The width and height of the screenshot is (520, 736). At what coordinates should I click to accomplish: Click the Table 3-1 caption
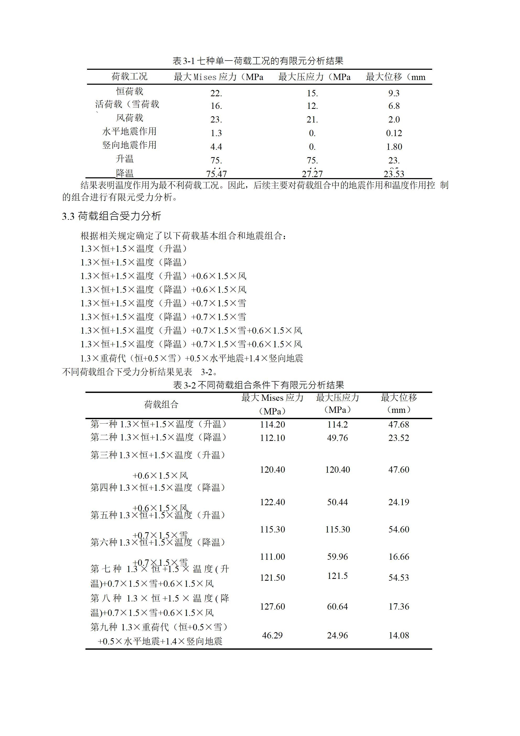point(258,61)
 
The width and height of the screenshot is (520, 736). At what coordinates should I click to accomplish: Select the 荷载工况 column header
point(129,77)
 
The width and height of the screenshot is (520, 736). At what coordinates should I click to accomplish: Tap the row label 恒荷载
point(129,91)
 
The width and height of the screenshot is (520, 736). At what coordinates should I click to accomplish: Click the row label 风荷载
point(129,118)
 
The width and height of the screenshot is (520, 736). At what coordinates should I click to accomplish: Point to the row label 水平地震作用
point(129,131)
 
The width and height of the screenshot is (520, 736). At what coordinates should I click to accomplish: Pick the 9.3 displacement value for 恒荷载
point(394,93)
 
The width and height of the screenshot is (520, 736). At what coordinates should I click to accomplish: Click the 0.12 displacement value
point(394,133)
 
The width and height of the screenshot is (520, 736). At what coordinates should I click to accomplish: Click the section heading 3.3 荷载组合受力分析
point(111,216)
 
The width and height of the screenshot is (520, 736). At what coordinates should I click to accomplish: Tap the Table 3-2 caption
point(258,385)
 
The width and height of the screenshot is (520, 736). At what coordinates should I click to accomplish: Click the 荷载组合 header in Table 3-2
point(161,404)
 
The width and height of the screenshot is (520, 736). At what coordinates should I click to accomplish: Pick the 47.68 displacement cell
point(399,425)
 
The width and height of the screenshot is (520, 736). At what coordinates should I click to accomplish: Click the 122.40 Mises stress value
point(272,502)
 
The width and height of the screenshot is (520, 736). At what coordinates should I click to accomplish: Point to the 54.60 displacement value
point(399,530)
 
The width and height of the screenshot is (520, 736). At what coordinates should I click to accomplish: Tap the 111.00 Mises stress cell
point(272,557)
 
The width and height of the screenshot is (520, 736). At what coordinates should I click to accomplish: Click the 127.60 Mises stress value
point(272,606)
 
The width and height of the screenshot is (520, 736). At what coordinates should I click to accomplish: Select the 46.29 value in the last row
point(272,635)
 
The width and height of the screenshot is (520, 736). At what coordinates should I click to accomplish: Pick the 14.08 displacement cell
point(399,635)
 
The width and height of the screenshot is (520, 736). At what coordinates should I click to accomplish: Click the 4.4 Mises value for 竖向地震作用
point(216,147)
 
